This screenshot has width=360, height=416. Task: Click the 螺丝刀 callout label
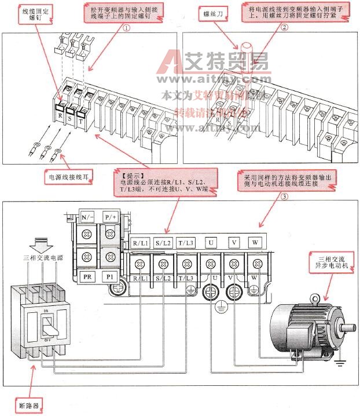213,11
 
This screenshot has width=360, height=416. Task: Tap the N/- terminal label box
88,218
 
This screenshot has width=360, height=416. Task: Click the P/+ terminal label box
110,218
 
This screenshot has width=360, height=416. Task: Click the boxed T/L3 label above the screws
186,243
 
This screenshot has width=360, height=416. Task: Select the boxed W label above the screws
255,243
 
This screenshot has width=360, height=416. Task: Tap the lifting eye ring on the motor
315,299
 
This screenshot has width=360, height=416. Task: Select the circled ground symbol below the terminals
221,308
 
